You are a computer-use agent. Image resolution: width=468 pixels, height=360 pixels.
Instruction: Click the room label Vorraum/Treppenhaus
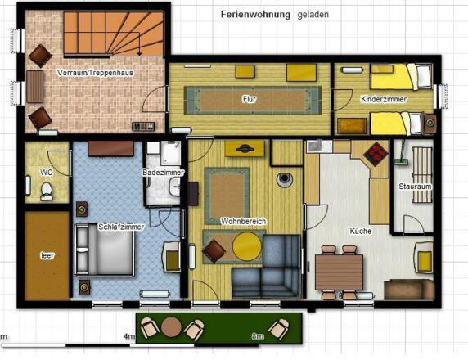[95, 73]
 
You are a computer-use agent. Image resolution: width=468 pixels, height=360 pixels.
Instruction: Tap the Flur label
[249, 98]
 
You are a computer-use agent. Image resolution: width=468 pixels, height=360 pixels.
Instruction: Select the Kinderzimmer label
[382, 98]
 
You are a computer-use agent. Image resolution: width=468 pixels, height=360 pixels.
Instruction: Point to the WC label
[47, 172]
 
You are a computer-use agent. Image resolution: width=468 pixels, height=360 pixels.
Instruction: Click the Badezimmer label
[163, 173]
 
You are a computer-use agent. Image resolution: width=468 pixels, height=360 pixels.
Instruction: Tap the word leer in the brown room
[47, 255]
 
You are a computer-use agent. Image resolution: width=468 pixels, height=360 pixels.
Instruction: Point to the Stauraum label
[415, 186]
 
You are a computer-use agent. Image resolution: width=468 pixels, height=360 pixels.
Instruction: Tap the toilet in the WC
[47, 191]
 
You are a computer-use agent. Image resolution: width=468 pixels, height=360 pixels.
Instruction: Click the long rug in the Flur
[249, 99]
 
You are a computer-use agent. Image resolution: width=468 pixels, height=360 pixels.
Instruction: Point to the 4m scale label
[128, 336]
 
